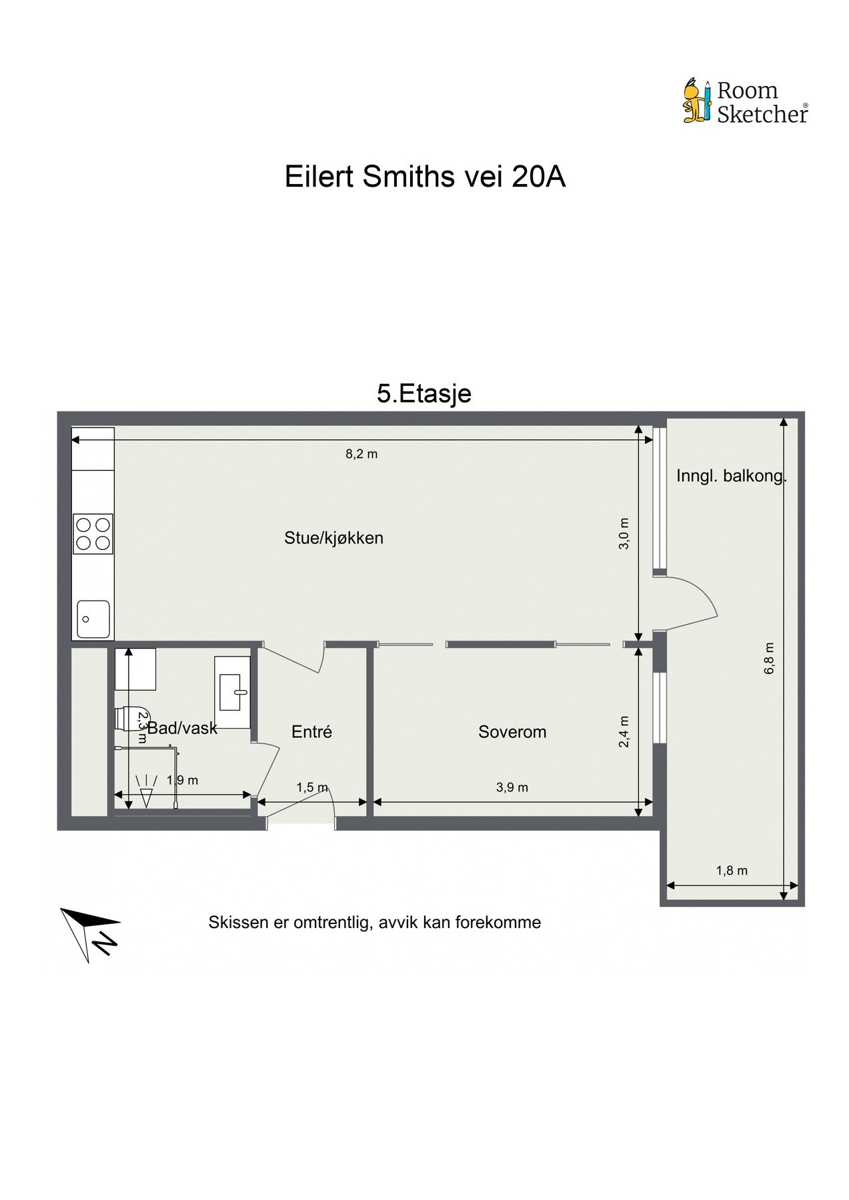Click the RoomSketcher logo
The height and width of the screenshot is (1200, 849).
pos(745,101)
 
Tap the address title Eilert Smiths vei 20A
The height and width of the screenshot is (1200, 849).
pos(425,177)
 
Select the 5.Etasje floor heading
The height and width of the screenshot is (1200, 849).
pos(424,393)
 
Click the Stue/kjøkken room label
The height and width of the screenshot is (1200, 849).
pos(333,538)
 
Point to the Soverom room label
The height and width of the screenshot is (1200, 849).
pos(512,731)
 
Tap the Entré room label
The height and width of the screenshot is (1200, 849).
pos(311,731)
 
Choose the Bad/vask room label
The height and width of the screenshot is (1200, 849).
pos(182,728)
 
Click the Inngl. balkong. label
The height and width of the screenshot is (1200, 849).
pos(732,476)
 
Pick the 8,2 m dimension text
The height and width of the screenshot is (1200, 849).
pos(361,454)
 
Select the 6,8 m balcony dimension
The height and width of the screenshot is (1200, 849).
pos(769,658)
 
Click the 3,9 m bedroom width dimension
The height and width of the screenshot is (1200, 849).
pos(512,787)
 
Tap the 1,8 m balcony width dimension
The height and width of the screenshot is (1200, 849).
pos(732,871)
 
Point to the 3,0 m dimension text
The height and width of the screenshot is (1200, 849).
pos(624,533)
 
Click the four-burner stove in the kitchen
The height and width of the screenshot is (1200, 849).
pos(93,534)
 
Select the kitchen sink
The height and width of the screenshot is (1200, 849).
pos(93,619)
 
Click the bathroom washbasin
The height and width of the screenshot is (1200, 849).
pos(233,692)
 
